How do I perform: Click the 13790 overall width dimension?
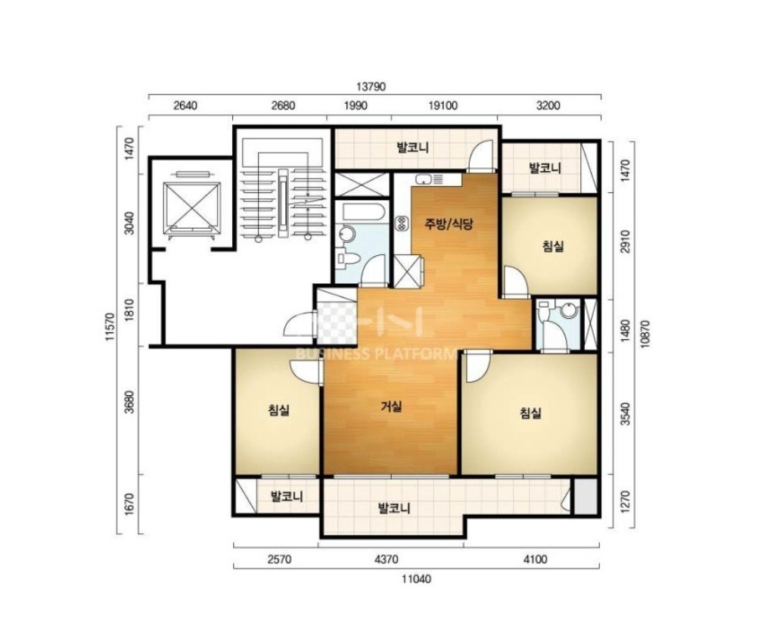tap(371, 87)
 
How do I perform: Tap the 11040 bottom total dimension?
tap(416, 578)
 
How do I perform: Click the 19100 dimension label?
tap(443, 105)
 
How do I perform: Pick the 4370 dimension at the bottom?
tap(387, 559)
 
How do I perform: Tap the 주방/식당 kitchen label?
tap(449, 223)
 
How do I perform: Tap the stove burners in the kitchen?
tap(401, 223)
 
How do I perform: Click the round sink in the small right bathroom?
tap(570, 310)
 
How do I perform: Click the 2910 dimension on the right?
tap(626, 243)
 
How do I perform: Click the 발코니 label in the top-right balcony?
tap(545, 168)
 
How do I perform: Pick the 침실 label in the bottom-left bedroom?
tap(279, 411)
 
